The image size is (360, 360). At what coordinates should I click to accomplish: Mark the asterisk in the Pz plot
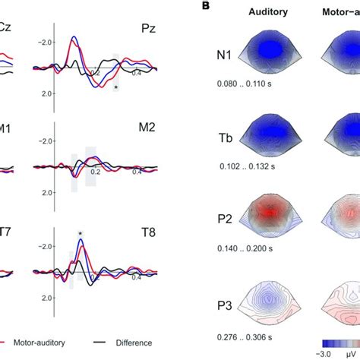[115, 88]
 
